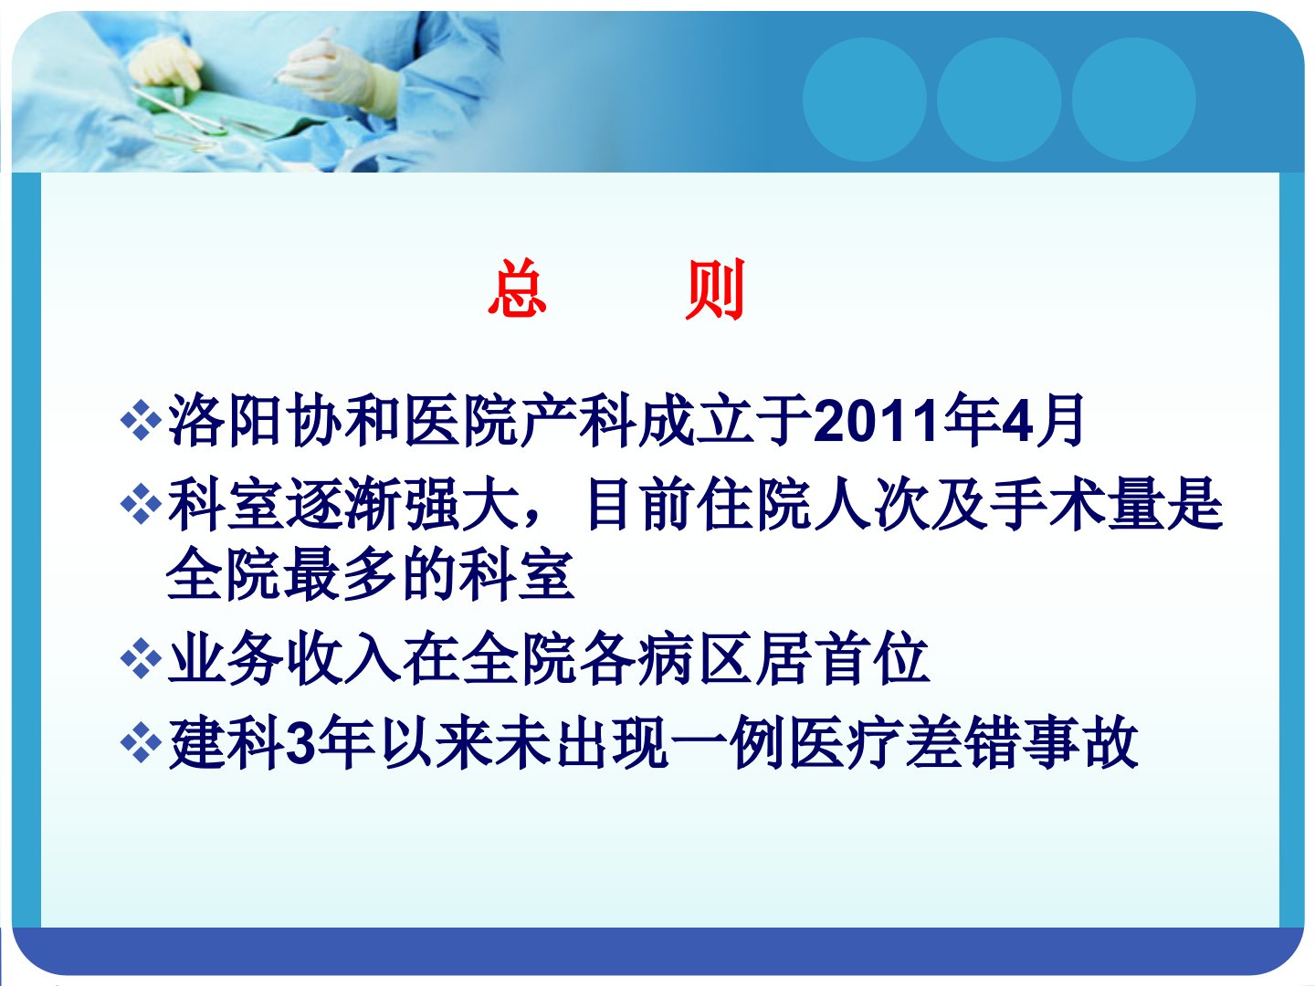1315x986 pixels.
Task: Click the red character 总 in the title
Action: (x=517, y=288)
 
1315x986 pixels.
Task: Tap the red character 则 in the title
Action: (x=715, y=288)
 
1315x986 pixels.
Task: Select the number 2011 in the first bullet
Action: (x=877, y=421)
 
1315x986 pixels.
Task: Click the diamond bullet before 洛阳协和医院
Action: (x=141, y=420)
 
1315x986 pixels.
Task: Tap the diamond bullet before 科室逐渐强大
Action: (x=141, y=504)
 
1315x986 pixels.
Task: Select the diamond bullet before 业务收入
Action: (x=141, y=658)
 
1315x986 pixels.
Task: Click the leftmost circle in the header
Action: (x=864, y=100)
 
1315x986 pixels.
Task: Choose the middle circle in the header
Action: (x=999, y=100)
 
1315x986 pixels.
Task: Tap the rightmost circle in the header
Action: (x=1133, y=100)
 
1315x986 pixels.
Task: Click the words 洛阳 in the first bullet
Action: (x=225, y=420)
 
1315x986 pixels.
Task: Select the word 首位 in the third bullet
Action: (x=872, y=658)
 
